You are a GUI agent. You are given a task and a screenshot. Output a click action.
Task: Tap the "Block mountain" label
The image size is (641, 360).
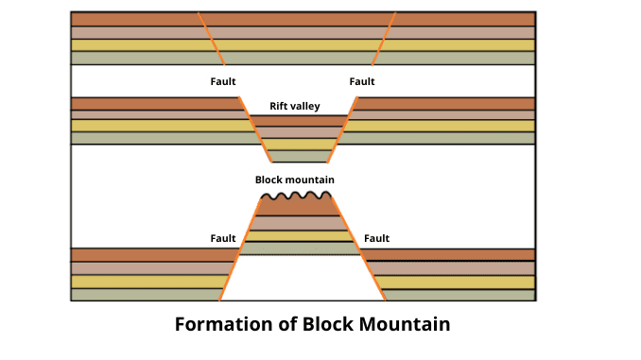point(294,180)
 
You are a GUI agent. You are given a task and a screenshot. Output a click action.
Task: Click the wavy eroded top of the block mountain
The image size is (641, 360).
point(296,197)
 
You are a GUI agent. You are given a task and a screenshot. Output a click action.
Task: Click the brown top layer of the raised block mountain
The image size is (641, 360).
point(296,207)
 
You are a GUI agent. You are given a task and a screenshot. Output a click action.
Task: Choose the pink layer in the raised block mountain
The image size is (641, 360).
point(296,223)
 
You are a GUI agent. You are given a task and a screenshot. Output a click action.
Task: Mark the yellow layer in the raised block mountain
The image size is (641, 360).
point(296,236)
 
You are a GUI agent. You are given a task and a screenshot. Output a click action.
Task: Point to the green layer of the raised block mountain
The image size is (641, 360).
point(296,249)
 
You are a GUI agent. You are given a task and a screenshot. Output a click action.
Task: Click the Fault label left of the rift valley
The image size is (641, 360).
point(222,81)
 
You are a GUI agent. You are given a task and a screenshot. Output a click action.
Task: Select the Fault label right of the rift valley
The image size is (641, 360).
point(362,81)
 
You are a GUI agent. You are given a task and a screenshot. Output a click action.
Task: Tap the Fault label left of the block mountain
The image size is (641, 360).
point(222,238)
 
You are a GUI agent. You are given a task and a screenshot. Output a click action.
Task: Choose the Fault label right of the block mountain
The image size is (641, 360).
point(376,238)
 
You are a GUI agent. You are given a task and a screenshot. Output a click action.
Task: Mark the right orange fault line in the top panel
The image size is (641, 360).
point(384,38)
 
